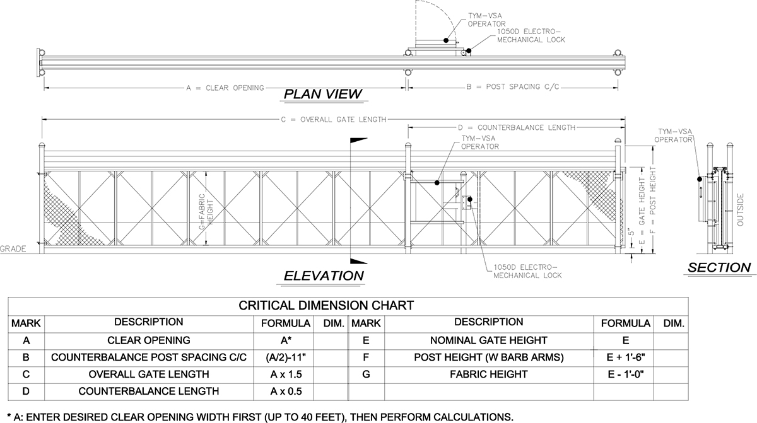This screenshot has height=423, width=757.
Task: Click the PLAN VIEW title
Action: pyautogui.click(x=323, y=94)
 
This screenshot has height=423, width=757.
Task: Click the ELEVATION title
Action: pyautogui.click(x=324, y=276)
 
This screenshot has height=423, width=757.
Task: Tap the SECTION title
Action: pyautogui.click(x=720, y=267)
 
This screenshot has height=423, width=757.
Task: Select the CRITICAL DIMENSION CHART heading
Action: pyautogui.click(x=326, y=306)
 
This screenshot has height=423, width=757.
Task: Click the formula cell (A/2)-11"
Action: pyautogui.click(x=286, y=357)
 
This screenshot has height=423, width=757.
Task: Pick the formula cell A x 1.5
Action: pyautogui.click(x=286, y=374)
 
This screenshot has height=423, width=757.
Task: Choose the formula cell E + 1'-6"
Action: pyautogui.click(x=626, y=357)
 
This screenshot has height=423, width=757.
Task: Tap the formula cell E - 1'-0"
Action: pyautogui.click(x=626, y=374)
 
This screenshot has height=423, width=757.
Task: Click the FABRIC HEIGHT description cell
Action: pyautogui.click(x=489, y=374)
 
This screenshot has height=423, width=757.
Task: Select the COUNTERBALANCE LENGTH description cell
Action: pyautogui.click(x=149, y=391)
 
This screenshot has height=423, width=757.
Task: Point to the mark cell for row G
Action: pyautogui.click(x=366, y=374)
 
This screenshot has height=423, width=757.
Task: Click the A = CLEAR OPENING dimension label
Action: pyautogui.click(x=225, y=88)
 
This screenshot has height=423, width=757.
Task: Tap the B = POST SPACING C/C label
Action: pyautogui.click(x=513, y=87)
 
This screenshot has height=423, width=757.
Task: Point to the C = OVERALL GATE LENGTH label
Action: pyautogui.click(x=334, y=120)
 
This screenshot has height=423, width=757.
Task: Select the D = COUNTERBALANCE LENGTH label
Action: pyautogui.click(x=517, y=127)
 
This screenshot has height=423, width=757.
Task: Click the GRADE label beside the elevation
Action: pyautogui.click(x=13, y=249)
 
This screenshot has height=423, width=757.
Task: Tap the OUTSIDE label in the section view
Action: pyautogui.click(x=740, y=210)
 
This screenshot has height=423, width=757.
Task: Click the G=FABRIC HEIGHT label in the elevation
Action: pyautogui.click(x=206, y=212)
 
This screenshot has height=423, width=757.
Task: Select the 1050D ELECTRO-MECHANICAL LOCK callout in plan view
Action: pyautogui.click(x=531, y=36)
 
